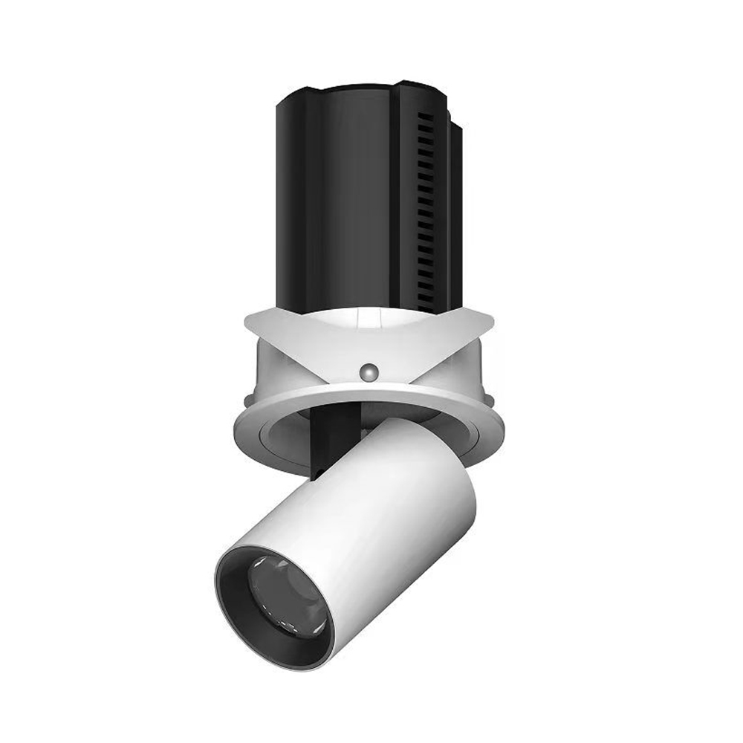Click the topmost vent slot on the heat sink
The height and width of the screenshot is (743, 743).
point(425,119)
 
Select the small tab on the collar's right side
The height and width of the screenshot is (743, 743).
point(483,371)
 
